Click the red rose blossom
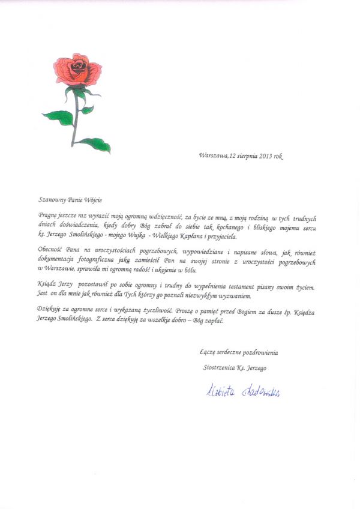click(x=77, y=70)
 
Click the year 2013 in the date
click(x=266, y=155)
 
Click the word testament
click(x=233, y=287)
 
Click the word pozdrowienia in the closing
click(x=259, y=352)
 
